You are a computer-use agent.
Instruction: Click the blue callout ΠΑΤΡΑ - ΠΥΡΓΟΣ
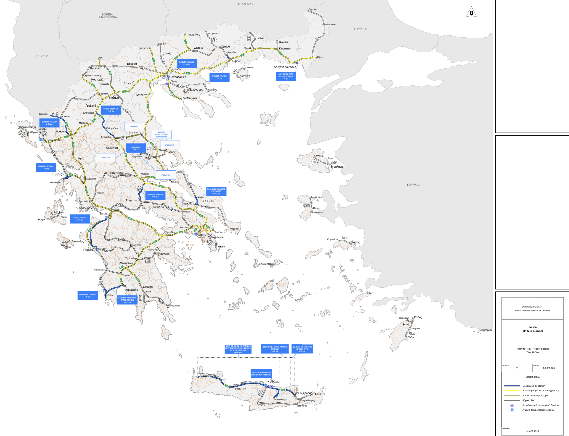click(80, 219)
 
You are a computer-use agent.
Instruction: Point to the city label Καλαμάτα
click(132, 290)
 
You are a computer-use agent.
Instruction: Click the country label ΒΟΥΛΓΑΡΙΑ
click(245, 4)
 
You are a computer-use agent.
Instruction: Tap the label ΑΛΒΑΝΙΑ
click(42, 56)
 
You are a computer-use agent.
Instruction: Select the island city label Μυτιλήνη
click(337, 167)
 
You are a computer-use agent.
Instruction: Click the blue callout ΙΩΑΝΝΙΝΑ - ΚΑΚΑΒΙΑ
click(49, 123)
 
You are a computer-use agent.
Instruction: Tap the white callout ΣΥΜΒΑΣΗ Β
click(105, 157)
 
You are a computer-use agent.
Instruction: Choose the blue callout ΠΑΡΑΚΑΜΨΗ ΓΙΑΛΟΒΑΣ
click(88, 295)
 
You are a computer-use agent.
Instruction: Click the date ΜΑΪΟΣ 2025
click(532, 431)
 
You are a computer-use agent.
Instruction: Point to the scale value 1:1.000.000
click(548, 368)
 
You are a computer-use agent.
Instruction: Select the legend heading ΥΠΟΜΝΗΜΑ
click(532, 377)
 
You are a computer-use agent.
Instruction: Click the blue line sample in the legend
click(512, 386)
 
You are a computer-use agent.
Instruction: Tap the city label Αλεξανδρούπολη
click(285, 67)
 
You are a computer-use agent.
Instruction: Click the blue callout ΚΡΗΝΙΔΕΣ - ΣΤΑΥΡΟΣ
click(219, 77)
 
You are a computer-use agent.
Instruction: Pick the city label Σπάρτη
click(148, 287)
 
